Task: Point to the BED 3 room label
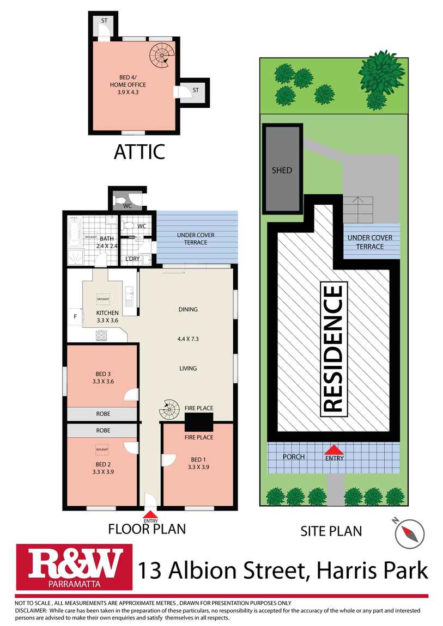point(102,377)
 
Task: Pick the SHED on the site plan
point(282,170)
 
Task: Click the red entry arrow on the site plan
point(334,450)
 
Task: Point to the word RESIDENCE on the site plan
point(333,348)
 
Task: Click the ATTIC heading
point(139,152)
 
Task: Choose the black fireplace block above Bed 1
point(198,421)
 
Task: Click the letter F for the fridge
point(75,316)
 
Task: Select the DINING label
point(187,309)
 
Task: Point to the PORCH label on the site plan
point(294,457)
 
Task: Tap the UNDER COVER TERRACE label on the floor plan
point(196,238)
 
